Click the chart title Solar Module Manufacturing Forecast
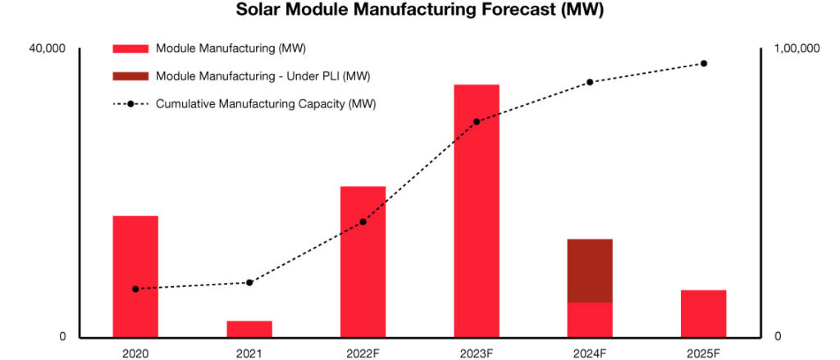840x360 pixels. (419, 11)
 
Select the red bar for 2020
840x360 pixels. (135, 276)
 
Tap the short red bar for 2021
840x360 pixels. (249, 329)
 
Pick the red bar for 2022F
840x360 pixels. (363, 262)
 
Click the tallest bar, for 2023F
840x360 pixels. (477, 211)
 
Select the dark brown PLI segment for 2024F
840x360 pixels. (590, 271)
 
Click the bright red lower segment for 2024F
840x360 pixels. (590, 320)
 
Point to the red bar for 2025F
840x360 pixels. (703, 313)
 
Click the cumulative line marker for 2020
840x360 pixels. (135, 289)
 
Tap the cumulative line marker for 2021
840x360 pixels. (249, 282)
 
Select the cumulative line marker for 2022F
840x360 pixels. (363, 221)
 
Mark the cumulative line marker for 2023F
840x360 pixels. (477, 121)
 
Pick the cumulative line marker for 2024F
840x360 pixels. (590, 82)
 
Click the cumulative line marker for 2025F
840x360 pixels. (703, 63)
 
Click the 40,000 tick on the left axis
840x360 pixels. (47, 49)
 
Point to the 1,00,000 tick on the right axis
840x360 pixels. (797, 49)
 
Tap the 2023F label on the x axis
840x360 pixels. (477, 353)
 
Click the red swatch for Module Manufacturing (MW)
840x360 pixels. (130, 49)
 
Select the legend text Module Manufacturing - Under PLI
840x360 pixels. (262, 76)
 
